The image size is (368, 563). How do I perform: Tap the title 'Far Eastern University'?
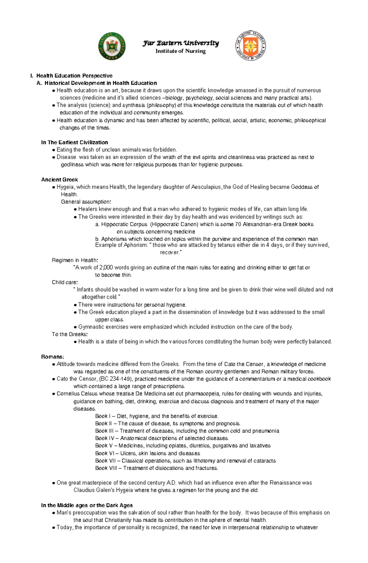pos(181,43)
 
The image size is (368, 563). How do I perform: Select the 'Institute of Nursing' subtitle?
pos(181,51)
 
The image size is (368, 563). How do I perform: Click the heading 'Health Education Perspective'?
pos(74,76)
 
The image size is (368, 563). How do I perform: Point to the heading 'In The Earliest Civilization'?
pos(75,142)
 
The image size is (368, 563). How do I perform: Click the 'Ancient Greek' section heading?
pos(59,180)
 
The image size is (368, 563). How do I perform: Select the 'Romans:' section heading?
pos(53,357)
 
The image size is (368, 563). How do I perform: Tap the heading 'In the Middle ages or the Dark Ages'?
pos(87,505)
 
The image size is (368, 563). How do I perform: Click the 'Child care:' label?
pos(65,282)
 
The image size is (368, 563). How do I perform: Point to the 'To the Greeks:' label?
pos(70,334)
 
